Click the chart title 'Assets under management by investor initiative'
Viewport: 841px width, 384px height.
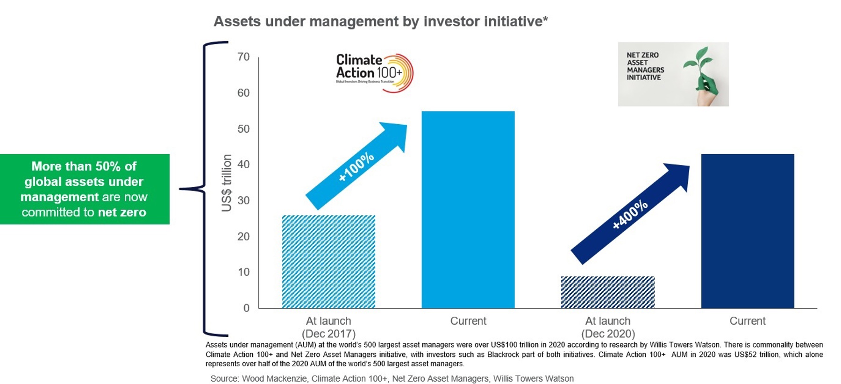pos(380,21)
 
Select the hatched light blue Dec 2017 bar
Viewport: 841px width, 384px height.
pos(328,262)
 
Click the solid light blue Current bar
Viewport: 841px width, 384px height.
pos(468,210)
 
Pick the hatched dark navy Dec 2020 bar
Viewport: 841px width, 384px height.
pos(607,292)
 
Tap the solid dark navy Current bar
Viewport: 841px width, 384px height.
pos(747,231)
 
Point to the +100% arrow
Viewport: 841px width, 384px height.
pos(356,166)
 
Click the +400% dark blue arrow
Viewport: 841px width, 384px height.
pos(630,214)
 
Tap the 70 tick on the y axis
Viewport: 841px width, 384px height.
pos(243,57)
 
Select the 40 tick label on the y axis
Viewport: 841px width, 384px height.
pos(243,164)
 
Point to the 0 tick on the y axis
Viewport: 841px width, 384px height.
pos(246,308)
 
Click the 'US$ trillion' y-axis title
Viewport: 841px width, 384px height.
pos(227,183)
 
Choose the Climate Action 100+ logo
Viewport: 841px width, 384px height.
pos(374,72)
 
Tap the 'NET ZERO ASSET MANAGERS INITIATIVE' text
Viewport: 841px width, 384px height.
pos(645,66)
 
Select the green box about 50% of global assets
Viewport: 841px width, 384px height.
pos(84,189)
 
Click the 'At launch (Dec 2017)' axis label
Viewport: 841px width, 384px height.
pos(328,327)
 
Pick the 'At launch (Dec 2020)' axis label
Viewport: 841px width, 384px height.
pos(607,327)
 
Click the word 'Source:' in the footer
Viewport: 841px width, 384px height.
pos(224,378)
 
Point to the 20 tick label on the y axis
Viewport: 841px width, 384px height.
pos(243,236)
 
